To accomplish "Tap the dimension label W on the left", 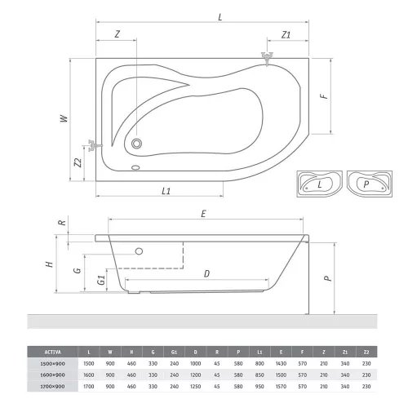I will pos(63,118).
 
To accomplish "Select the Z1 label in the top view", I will pos(286,34).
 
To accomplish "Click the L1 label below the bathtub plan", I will pos(166,190).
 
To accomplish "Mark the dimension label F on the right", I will pos(324,95).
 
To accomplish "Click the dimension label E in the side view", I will pos(202,215).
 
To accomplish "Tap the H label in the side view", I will pos(49,264).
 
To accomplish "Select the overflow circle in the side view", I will pos(139,251).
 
